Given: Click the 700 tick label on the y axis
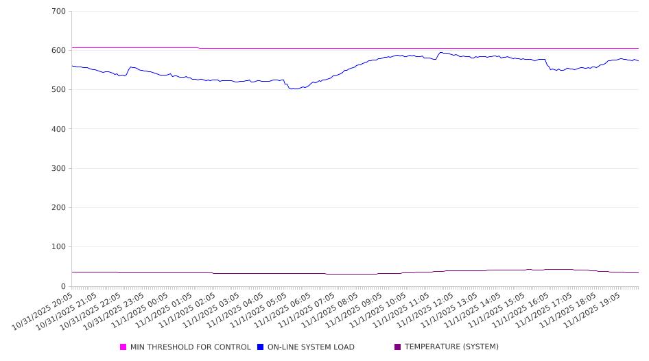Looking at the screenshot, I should click(58, 12).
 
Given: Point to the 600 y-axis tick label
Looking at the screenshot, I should click(58, 51).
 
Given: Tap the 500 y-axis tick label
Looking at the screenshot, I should click(58, 90).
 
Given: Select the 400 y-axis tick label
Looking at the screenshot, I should click(58, 129).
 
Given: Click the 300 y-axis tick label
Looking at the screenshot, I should click(58, 168).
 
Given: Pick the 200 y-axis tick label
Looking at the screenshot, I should click(58, 208).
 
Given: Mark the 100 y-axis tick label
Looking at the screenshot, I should click(58, 247).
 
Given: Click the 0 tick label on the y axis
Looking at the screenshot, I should click(63, 286).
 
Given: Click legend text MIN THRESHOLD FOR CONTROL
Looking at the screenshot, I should click(190, 347).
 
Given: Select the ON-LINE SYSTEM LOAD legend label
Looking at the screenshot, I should click(311, 347).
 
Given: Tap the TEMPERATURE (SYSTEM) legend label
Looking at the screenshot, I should click(451, 347).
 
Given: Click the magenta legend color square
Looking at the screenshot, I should click(123, 347).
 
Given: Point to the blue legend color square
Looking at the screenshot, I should click(261, 347).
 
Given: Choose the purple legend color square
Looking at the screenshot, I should click(398, 347).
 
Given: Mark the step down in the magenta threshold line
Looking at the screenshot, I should click(199, 48).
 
